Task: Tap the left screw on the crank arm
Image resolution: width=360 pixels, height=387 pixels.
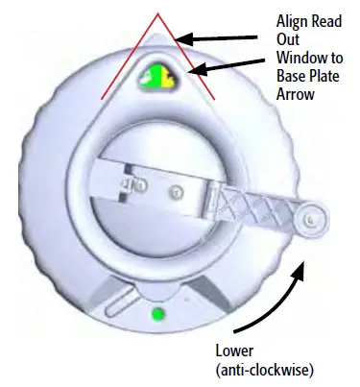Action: coord(140,182)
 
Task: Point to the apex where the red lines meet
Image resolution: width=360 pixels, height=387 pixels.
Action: coord(159,15)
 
